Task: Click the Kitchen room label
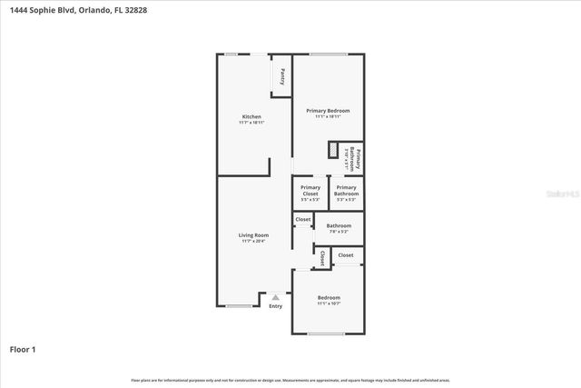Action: click(251, 116)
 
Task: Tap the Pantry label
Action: click(282, 75)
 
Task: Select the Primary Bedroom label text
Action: click(328, 111)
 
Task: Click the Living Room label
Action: click(253, 234)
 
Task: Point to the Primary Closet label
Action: click(310, 190)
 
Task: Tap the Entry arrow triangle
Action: click(275, 297)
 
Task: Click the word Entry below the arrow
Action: click(275, 306)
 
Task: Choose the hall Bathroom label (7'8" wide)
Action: click(339, 225)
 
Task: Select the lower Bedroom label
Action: click(329, 297)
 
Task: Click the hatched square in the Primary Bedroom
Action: click(334, 151)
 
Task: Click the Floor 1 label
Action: click(23, 349)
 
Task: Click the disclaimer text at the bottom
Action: click(290, 380)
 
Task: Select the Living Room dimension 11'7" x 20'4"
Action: click(253, 241)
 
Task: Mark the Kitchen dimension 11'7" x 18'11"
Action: click(251, 123)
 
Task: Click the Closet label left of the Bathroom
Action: click(303, 219)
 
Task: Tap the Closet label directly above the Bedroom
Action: click(346, 255)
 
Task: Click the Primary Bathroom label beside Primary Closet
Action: click(346, 190)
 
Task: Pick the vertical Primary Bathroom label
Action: click(357, 159)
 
